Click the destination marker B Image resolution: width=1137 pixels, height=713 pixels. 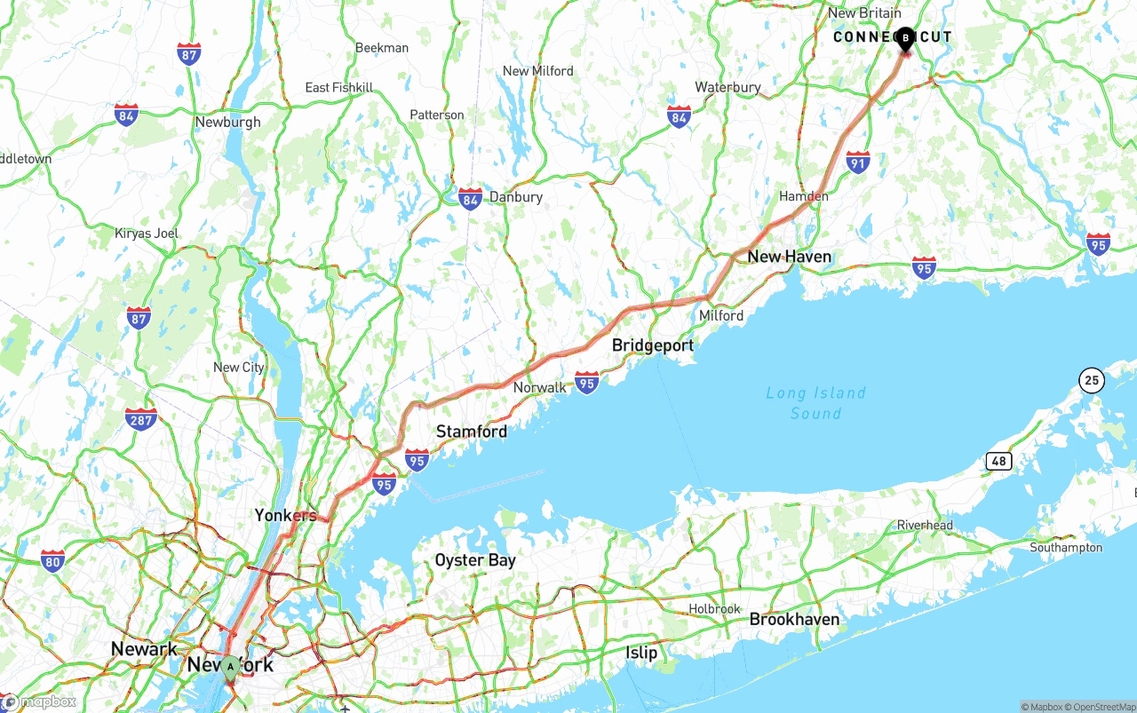pyautogui.click(x=905, y=39)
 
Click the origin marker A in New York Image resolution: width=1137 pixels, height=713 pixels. pyautogui.click(x=230, y=667)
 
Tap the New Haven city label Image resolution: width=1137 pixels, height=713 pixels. pyautogui.click(x=789, y=257)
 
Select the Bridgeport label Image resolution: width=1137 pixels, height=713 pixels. pyautogui.click(x=652, y=345)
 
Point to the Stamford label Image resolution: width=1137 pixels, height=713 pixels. pyautogui.click(x=471, y=432)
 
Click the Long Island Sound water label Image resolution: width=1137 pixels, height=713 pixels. pyautogui.click(x=815, y=403)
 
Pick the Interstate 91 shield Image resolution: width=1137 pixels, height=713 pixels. pyautogui.click(x=857, y=162)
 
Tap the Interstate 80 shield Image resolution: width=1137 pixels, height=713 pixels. pyautogui.click(x=52, y=560)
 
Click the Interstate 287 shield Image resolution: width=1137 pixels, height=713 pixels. pyautogui.click(x=140, y=418)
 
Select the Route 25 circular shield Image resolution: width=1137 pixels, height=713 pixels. pyautogui.click(x=1092, y=381)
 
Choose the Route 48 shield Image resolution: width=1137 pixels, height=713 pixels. pyautogui.click(x=998, y=461)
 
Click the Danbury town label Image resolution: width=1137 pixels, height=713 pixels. pyautogui.click(x=515, y=197)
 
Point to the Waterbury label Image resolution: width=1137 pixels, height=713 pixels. pyautogui.click(x=728, y=87)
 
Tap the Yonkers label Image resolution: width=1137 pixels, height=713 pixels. pyautogui.click(x=285, y=515)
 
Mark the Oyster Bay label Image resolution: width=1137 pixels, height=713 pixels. pyautogui.click(x=474, y=560)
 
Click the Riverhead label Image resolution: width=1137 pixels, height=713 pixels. pyautogui.click(x=924, y=525)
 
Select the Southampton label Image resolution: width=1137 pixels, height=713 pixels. pyautogui.click(x=1065, y=548)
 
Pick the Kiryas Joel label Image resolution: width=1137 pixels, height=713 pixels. pyautogui.click(x=147, y=234)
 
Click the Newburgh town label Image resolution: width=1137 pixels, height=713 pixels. pyautogui.click(x=228, y=122)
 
